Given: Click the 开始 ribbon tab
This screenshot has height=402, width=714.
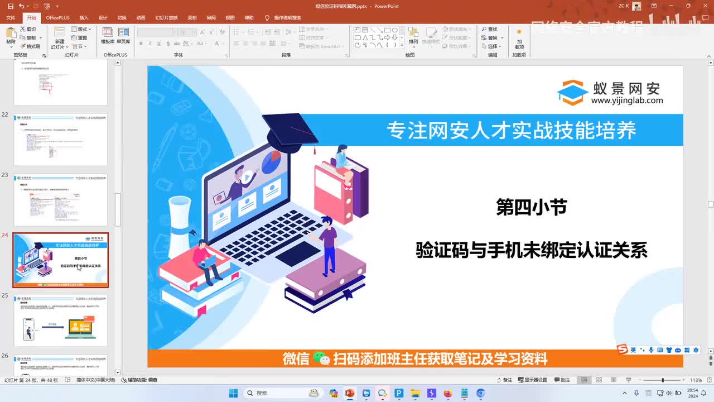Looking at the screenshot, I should point(31,18).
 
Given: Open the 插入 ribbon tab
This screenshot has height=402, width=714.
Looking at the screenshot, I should point(84,18).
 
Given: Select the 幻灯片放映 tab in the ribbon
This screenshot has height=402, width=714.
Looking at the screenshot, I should point(166,18).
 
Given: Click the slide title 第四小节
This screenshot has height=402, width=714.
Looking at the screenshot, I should point(531,208).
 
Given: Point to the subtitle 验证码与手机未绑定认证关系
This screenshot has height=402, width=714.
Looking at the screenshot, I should point(531,250).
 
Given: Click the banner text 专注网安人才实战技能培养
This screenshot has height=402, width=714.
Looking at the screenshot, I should point(511,131).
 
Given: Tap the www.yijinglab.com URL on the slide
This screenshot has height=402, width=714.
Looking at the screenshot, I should point(627,101).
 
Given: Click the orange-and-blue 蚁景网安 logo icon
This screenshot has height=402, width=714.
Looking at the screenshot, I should point(572,93).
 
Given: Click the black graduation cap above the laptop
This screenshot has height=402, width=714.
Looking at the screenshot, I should point(290,129).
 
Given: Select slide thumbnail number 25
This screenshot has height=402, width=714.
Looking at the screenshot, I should point(60,320).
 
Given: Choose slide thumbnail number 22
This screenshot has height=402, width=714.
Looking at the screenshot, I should point(60,140).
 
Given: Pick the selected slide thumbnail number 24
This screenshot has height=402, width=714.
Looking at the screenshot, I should point(60,260).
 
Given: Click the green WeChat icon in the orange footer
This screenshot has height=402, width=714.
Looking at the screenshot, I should point(321,358).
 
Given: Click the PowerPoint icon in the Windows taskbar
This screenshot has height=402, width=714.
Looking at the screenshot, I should point(350,393).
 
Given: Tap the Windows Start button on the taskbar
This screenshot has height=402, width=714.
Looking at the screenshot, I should point(233,393).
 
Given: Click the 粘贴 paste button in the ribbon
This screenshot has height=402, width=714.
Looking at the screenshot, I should point(11,36).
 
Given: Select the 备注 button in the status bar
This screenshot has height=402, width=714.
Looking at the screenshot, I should point(504,380).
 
